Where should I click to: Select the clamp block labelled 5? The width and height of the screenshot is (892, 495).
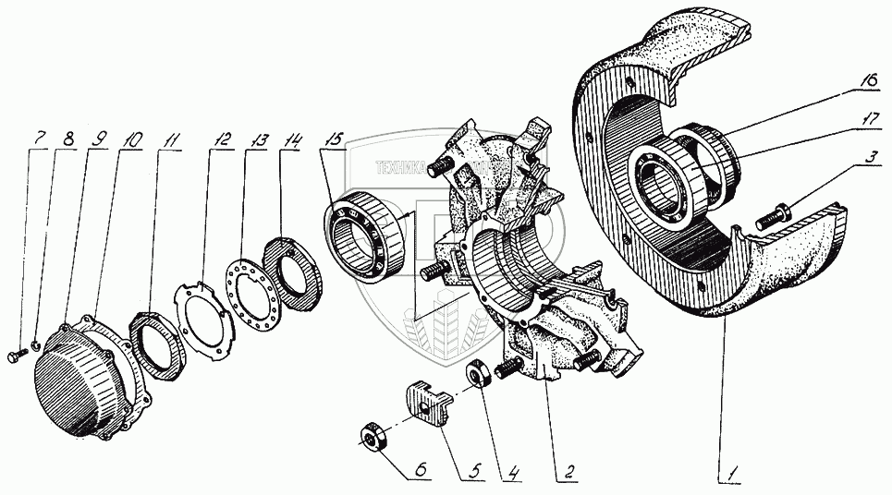424,405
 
